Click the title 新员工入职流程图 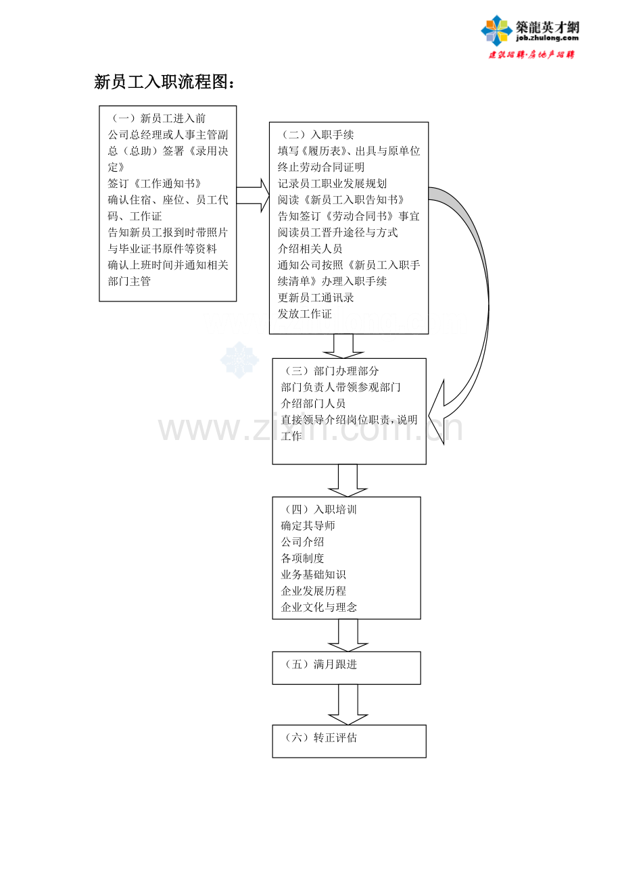tap(164, 82)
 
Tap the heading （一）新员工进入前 tap(156, 118)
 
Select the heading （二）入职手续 tap(316, 135)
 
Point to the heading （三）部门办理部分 tap(330, 371)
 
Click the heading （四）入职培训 tap(319, 510)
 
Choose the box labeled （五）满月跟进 tap(346, 668)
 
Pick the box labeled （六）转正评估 tap(349, 741)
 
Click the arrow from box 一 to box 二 tap(253, 195)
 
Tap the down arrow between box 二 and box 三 tap(343, 346)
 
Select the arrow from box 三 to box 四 tap(348, 481)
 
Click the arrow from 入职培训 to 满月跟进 tap(348, 635)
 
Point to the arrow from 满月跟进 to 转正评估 tap(348, 705)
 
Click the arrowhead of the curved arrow tap(437, 412)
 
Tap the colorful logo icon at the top tap(497, 30)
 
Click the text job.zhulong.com tap(548, 38)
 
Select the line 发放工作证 tap(304, 314)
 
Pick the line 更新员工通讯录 tap(316, 297)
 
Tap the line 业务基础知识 tap(313, 575)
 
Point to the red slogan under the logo tap(531, 55)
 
